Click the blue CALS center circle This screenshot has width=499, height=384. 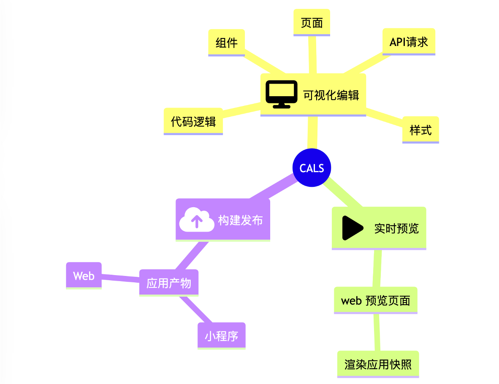click(x=312, y=168)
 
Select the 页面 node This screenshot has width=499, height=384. click(x=312, y=23)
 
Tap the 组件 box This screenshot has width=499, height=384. click(x=227, y=43)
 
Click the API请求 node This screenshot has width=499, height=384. click(x=409, y=42)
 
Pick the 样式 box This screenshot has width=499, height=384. click(x=420, y=130)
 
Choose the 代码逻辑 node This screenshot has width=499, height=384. click(x=193, y=122)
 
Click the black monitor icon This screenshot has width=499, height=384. click(x=281, y=94)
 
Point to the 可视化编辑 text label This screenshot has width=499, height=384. click(x=331, y=95)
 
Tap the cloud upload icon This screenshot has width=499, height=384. click(x=196, y=220)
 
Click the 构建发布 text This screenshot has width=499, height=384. click(x=241, y=220)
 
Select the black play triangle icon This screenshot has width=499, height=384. click(x=352, y=228)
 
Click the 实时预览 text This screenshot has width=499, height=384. click(x=396, y=228)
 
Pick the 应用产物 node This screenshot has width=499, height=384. click(x=169, y=283)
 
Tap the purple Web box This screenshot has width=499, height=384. click(x=84, y=276)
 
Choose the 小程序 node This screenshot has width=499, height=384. click(x=222, y=336)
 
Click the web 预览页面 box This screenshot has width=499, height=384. click(x=376, y=300)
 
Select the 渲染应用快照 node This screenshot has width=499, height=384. click(x=378, y=364)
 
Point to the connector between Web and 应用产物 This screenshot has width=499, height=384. click(x=121, y=279)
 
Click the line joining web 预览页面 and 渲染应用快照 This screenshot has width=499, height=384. click(x=377, y=332)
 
